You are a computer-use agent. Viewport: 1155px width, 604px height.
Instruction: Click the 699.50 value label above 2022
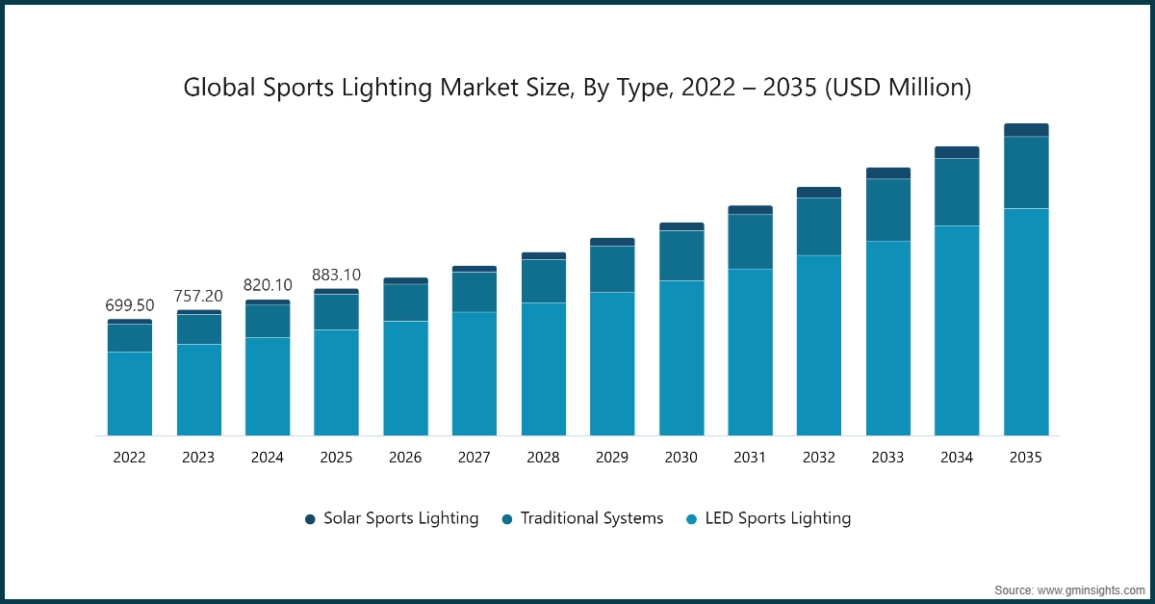[129, 305]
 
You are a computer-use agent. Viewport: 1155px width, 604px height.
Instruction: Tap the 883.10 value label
[336, 276]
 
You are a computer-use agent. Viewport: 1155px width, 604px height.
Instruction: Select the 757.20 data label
[198, 295]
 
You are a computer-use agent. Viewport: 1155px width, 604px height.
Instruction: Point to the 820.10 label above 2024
[268, 285]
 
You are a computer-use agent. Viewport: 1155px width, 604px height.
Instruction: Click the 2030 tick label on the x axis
[680, 458]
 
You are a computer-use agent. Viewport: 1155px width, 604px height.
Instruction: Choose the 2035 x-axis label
[1026, 458]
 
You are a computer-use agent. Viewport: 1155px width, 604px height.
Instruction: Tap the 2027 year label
[474, 458]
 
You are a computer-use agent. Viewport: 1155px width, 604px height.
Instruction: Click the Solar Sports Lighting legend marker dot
[311, 519]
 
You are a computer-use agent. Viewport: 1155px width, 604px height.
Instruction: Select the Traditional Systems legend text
[592, 518]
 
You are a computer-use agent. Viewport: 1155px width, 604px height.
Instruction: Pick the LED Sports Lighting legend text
[778, 518]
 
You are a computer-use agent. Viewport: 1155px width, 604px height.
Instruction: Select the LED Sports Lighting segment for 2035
[1026, 322]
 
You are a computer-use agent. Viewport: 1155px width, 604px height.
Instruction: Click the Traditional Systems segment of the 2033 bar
[888, 210]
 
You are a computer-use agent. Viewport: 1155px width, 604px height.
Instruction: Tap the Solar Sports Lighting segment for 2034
[957, 152]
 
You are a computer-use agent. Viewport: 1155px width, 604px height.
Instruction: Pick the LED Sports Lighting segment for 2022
[129, 393]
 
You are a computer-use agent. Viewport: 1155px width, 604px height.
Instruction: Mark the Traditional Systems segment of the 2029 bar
[612, 269]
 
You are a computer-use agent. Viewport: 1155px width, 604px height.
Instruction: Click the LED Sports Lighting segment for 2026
[405, 378]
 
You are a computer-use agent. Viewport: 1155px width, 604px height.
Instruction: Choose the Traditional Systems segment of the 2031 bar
[750, 241]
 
